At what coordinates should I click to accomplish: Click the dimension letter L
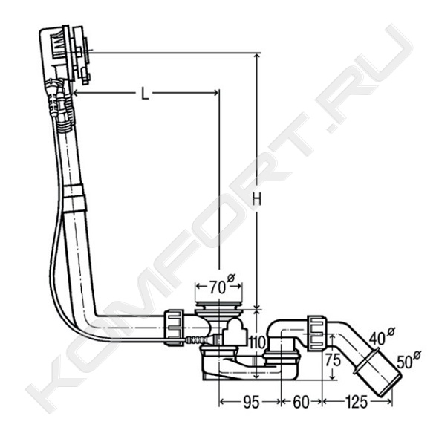(x=144, y=94)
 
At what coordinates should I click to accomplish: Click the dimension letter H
(x=256, y=200)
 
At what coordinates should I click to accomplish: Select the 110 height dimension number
(x=257, y=342)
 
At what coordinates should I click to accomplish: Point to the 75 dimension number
(x=333, y=360)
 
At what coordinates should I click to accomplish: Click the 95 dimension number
(x=251, y=403)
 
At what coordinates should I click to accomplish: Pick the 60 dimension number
(x=301, y=403)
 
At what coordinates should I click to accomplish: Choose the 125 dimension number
(x=357, y=402)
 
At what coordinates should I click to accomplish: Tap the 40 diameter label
(x=380, y=336)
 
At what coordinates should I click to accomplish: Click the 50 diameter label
(x=409, y=360)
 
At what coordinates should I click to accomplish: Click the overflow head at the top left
(x=65, y=54)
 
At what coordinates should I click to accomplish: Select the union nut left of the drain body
(x=174, y=328)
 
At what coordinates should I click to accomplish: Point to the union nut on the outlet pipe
(x=317, y=333)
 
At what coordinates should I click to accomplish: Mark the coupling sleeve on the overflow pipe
(x=74, y=198)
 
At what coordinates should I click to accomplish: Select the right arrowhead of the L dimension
(x=215, y=93)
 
